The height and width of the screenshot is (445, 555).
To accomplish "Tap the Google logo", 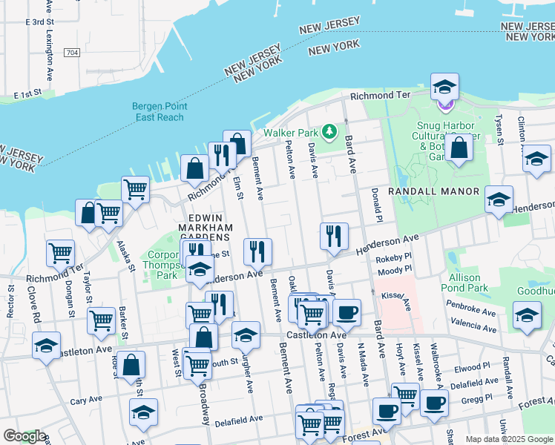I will click(x=24, y=436).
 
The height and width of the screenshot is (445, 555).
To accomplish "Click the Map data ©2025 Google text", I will click(x=508, y=439).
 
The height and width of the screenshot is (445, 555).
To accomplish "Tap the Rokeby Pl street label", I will click(x=393, y=259).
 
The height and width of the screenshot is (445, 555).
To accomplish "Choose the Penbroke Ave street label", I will click(x=470, y=304).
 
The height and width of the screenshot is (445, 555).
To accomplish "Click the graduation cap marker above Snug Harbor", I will click(x=444, y=88).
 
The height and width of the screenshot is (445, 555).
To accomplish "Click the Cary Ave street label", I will click(x=86, y=400).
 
